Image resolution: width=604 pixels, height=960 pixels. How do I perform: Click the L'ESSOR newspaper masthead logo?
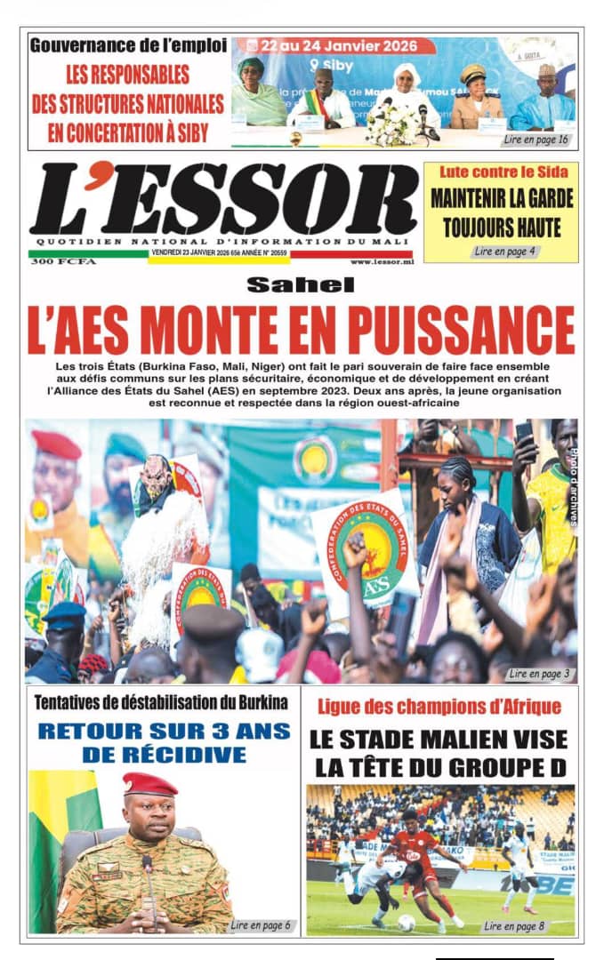[222, 199]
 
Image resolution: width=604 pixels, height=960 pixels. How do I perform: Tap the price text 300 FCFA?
[62, 262]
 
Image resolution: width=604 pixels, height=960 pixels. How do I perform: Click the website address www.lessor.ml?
[382, 262]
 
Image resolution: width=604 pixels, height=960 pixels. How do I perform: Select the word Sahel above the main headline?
[300, 284]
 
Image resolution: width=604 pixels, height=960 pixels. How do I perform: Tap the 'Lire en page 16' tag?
[536, 140]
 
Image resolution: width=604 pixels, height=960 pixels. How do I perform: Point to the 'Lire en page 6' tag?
[261, 925]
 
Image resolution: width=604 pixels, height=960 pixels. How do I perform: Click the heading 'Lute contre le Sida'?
[501, 171]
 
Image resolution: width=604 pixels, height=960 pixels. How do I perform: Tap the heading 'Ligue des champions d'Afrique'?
[439, 708]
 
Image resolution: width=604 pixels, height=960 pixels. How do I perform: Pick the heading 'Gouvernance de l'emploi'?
[128, 44]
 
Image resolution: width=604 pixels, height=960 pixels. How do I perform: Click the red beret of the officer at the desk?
[149, 783]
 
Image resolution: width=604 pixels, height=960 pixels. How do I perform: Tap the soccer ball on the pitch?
[406, 922]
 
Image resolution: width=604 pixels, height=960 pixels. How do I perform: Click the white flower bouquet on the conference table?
[391, 126]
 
